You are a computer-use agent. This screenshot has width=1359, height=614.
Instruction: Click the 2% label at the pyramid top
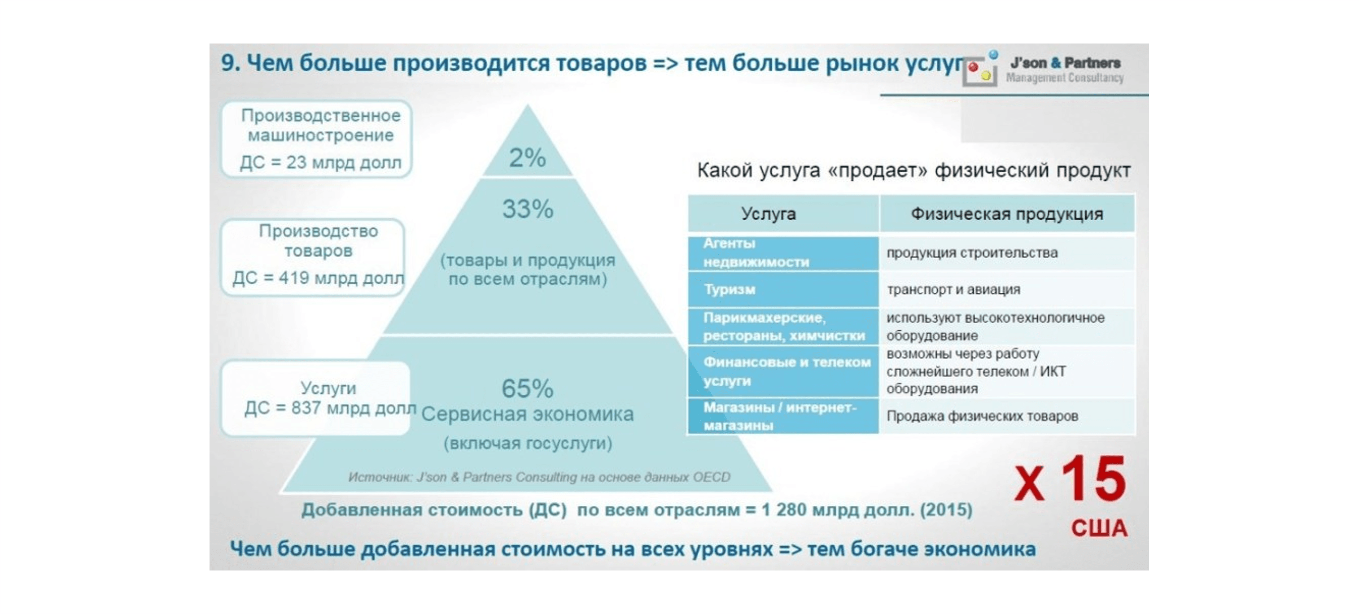click(x=527, y=158)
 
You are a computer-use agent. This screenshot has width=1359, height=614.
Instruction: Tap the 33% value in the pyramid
click(x=528, y=209)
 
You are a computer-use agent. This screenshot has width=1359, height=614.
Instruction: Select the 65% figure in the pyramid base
click(x=527, y=389)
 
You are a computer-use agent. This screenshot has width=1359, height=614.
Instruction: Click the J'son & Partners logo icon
click(x=980, y=69)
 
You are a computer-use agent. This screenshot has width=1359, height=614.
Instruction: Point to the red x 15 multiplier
click(x=1071, y=479)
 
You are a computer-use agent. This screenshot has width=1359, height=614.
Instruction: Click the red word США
click(x=1099, y=528)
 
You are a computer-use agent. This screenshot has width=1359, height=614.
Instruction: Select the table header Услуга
click(x=768, y=213)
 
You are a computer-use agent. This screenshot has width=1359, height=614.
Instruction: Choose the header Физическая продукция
click(x=1007, y=213)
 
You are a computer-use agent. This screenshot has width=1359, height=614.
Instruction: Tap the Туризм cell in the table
click(x=730, y=289)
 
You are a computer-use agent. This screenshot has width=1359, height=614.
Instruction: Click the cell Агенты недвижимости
click(x=756, y=253)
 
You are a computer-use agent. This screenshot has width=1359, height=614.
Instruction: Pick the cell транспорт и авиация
click(x=953, y=290)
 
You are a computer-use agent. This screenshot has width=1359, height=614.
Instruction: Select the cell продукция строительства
click(x=972, y=253)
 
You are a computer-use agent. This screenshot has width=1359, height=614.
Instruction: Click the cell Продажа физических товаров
click(x=982, y=416)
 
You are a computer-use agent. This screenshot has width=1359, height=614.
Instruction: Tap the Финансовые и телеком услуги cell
click(x=787, y=371)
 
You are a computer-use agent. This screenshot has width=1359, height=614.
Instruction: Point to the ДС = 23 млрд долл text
click(x=320, y=162)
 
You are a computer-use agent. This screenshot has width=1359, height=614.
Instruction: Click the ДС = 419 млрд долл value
click(x=318, y=278)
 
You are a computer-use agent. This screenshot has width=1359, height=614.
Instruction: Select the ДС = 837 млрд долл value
click(x=330, y=408)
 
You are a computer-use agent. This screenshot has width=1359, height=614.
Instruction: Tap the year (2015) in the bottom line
click(x=946, y=510)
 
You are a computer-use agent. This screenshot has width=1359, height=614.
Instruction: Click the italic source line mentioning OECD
click(x=539, y=477)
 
